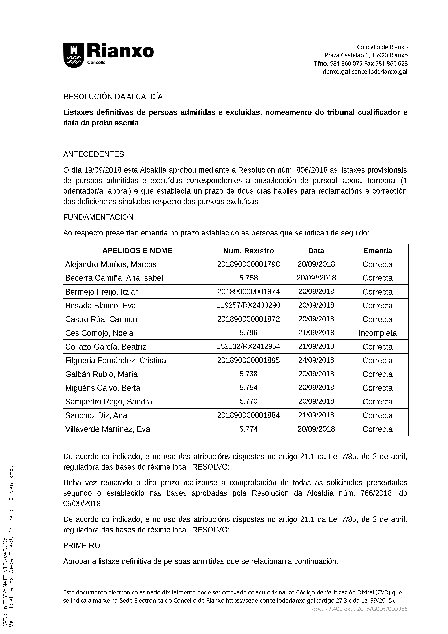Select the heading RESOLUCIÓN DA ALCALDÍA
(x=113, y=97)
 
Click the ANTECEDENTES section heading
(x=94, y=154)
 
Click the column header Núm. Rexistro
(x=248, y=251)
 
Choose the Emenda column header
(x=377, y=251)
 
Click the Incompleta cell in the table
(x=377, y=333)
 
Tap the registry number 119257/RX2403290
(x=248, y=305)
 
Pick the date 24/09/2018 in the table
(x=316, y=360)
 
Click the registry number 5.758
(x=248, y=278)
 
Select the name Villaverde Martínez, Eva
(x=108, y=429)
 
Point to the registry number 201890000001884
(x=248, y=415)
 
